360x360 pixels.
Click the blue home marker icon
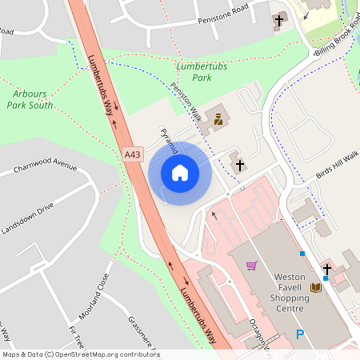[x=180, y=173]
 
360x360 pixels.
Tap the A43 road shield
[x=133, y=154]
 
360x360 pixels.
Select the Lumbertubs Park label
[x=199, y=72]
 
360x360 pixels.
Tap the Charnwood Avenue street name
[x=45, y=170]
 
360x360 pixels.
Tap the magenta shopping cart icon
[x=252, y=266]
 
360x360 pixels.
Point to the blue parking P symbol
[x=300, y=335]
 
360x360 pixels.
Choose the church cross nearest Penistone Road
[x=279, y=19]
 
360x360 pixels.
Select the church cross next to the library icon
[x=326, y=270]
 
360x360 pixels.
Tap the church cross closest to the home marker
[x=238, y=165]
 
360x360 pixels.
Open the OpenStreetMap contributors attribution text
[x=81, y=354]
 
